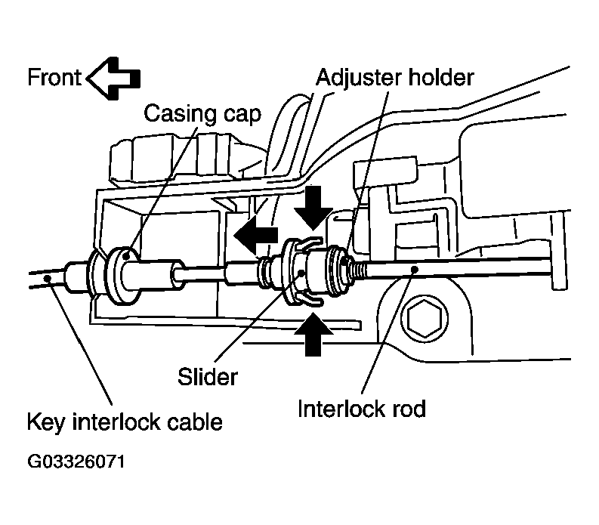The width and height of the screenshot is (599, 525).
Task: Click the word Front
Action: [x=54, y=77]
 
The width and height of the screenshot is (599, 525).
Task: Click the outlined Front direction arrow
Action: [x=113, y=79]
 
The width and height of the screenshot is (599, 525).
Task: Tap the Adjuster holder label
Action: [x=394, y=78]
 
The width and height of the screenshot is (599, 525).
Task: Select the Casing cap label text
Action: [x=202, y=114]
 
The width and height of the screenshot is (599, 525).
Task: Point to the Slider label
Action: [x=208, y=377]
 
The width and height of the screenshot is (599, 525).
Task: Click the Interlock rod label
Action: [x=361, y=409]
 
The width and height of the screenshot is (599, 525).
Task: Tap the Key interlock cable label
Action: [x=125, y=422]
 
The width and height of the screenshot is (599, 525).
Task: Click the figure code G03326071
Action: [x=76, y=462]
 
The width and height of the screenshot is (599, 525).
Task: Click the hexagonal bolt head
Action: [x=424, y=318]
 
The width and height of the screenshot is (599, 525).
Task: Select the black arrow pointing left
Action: [x=255, y=234]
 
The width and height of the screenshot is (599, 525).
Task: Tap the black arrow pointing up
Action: [x=313, y=335]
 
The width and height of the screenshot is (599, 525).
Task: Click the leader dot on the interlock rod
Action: [x=415, y=270]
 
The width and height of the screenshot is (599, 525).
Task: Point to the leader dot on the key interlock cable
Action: [x=48, y=278]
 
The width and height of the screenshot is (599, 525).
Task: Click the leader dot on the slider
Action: [x=301, y=273]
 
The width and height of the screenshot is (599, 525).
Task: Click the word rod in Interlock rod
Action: [x=409, y=409]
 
